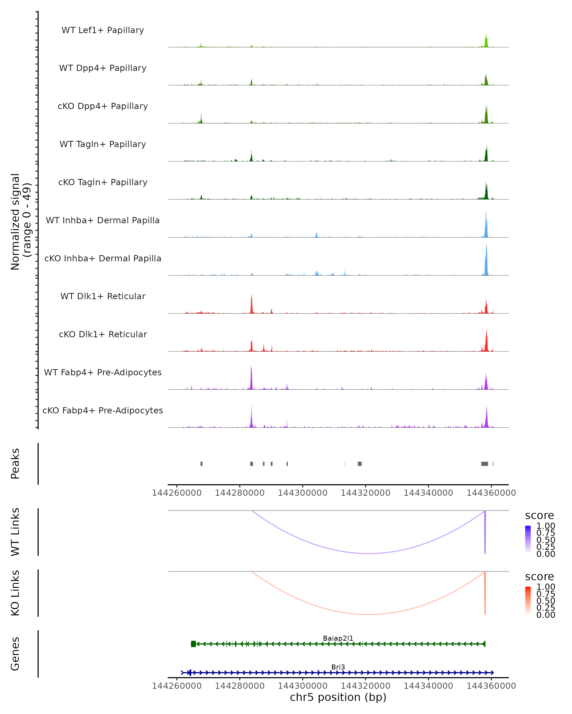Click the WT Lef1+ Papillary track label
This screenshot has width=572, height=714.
point(103,30)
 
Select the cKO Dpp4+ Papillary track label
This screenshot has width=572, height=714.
point(103,106)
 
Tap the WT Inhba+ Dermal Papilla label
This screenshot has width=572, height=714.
point(103,221)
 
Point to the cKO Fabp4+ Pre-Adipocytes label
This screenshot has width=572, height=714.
point(103,411)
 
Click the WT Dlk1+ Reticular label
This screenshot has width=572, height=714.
point(103,296)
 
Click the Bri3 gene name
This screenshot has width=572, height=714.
point(338,667)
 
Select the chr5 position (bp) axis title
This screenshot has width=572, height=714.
point(338,697)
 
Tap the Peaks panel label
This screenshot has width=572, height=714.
point(15,464)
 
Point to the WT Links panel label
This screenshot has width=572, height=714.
point(15,532)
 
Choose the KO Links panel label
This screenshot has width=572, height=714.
point(15,593)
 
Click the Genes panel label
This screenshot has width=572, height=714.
point(15,654)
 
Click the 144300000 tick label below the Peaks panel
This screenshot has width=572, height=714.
point(302,493)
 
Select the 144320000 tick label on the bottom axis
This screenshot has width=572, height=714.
point(365,686)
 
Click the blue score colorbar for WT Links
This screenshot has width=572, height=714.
point(528,540)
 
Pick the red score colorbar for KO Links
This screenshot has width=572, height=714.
point(528,601)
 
